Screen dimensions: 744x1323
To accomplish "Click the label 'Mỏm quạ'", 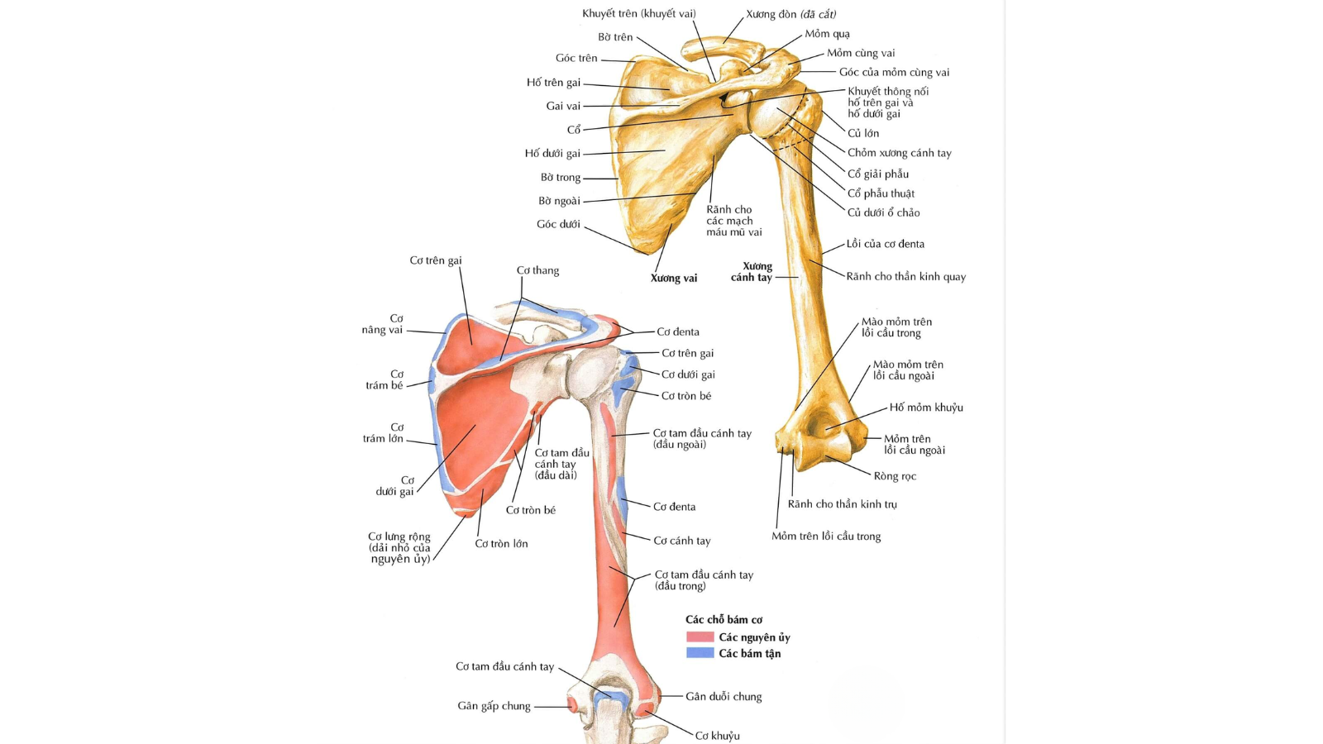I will tap(827, 34).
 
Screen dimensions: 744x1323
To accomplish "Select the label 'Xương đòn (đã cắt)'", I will tap(790, 14).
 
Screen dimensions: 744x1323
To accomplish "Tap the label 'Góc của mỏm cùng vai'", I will tap(894, 73).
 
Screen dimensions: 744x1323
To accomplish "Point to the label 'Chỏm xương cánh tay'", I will tap(899, 153).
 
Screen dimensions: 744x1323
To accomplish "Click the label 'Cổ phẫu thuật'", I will tap(881, 193).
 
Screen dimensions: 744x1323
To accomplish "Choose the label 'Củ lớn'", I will tap(862, 133).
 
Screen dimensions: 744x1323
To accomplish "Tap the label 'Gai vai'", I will tap(563, 106).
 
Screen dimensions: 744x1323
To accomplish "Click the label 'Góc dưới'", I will tap(558, 224).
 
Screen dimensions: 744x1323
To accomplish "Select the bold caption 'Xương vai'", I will tap(673, 278).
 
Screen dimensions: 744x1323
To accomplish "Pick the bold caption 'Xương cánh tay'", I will tap(752, 272).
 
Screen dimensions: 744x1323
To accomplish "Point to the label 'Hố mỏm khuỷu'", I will tap(925, 408).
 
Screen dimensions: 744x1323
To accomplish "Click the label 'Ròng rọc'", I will tap(895, 476).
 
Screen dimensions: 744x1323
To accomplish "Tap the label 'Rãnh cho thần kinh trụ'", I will tap(842, 504).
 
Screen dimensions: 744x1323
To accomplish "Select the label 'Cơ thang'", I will tap(537, 270).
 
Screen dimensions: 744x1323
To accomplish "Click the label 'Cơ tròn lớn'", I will tap(501, 544).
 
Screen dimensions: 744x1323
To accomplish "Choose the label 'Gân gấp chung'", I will tap(494, 706).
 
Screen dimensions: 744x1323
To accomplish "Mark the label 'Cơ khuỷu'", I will tap(717, 736).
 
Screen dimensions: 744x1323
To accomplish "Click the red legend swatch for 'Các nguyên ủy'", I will tap(700, 637).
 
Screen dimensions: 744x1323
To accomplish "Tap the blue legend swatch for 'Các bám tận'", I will tap(700, 653).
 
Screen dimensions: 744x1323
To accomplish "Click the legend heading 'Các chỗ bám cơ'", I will tap(724, 620).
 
